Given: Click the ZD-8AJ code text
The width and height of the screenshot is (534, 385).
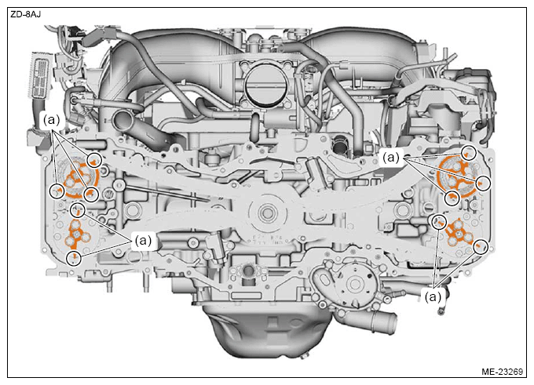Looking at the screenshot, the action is pos(26,15).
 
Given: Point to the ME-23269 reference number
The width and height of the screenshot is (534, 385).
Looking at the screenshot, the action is pos(502,372).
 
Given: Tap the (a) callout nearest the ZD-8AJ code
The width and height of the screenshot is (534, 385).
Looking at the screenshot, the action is pos(51,120).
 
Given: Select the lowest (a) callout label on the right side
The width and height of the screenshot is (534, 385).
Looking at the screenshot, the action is pos(433,297).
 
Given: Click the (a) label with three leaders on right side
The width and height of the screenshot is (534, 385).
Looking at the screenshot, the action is pos(391,157).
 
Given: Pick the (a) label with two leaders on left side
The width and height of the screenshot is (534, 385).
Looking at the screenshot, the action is pos(143,241).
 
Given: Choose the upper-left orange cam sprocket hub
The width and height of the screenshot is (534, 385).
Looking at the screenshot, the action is pos(79,178).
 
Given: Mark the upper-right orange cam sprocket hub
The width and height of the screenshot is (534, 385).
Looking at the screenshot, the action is pos(458,178).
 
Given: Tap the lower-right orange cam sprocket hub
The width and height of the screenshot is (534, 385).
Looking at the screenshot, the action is pos(459,234).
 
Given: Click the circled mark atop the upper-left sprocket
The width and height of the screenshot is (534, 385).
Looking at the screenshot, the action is pos(94,159).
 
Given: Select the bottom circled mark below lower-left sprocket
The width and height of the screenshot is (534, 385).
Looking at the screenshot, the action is pos(74,259).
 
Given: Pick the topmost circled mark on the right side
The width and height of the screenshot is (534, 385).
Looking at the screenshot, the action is pos(469,152).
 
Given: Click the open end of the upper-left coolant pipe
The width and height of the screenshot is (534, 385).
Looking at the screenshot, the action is pos(123,118).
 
